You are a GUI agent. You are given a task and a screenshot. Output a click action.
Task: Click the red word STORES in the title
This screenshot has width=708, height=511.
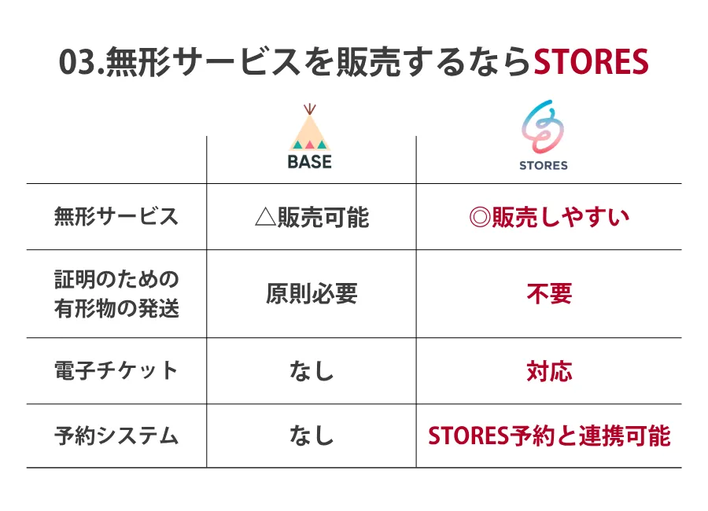pos(591,61)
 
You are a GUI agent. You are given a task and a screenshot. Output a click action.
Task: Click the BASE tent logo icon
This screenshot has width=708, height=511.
pos(310,127)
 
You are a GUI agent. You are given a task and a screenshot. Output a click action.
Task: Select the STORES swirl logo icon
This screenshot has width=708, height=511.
pos(542,127)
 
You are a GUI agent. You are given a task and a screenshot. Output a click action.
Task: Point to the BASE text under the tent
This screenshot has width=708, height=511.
pos(310,162)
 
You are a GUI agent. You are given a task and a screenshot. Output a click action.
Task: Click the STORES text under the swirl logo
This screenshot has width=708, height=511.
pos(543,166)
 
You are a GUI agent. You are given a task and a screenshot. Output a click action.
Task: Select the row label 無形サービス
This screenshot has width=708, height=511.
pos(116,216)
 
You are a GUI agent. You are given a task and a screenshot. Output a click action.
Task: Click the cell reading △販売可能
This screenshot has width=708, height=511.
pos(312,217)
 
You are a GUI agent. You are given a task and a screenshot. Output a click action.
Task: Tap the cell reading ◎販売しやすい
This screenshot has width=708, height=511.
pos(549,217)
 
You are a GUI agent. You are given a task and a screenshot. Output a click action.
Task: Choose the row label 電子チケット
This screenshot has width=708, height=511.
pos(116,370)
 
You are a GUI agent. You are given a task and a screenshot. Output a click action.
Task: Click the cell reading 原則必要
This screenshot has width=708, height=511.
pos(312,294)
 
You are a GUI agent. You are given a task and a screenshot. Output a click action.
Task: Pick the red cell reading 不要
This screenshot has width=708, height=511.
pos(549,294)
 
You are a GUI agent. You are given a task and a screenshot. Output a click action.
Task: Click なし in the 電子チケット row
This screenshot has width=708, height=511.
pos(312,371)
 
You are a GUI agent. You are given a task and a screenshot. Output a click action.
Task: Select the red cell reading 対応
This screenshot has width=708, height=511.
pos(549,371)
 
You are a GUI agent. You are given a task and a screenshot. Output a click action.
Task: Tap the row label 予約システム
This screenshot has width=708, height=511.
pos(116,436)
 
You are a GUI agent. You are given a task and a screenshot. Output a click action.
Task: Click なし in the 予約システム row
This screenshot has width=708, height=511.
pos(312,436)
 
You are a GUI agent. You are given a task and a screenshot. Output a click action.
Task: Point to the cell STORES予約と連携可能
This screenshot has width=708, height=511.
pos(549,436)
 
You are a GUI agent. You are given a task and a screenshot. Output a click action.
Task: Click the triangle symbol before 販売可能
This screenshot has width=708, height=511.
pos(266,217)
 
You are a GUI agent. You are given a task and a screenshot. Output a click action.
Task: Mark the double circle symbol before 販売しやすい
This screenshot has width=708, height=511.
pos(480,217)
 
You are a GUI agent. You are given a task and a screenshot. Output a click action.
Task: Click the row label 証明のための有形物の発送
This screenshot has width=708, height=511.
pos(116,294)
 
